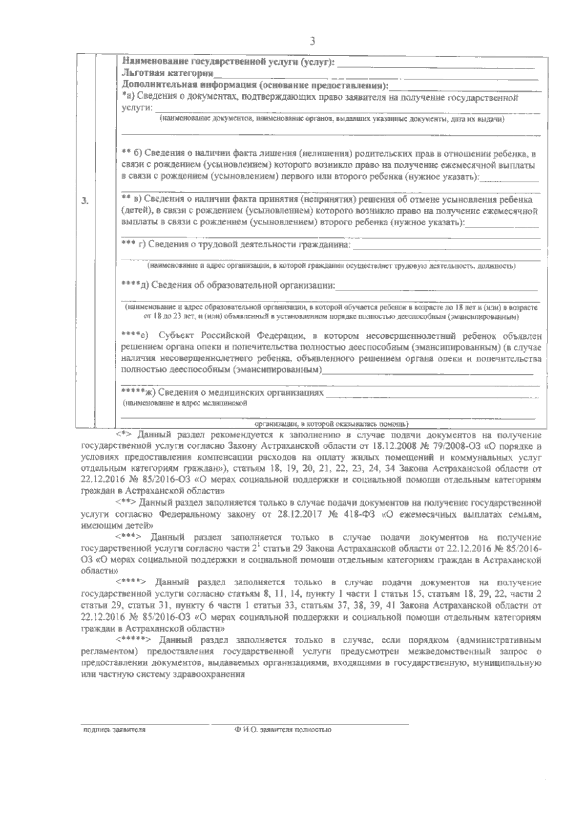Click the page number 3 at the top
(x=312, y=42)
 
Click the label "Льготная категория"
(x=167, y=74)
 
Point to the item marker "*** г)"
(x=133, y=244)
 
